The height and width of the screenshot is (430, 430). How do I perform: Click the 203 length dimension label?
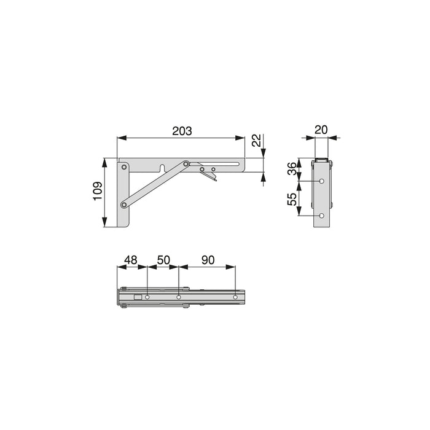click(x=182, y=131)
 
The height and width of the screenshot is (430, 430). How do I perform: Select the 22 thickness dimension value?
click(x=258, y=141)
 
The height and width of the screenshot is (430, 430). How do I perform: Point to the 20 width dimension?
click(x=321, y=129)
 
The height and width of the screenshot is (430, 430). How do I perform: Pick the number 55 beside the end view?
click(x=292, y=199)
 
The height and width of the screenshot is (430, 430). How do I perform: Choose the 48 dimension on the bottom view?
click(x=131, y=260)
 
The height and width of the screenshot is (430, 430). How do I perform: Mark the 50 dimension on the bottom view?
click(x=163, y=260)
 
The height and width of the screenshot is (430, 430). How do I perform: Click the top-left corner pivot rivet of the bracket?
click(x=124, y=166)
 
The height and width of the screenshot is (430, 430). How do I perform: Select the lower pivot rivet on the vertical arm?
click(x=124, y=203)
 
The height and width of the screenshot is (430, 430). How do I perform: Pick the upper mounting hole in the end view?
click(x=322, y=181)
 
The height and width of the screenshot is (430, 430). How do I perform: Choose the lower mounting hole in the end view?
click(x=322, y=216)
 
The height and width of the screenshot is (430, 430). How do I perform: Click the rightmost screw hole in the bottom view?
click(x=235, y=298)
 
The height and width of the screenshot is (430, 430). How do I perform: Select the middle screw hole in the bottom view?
click(x=179, y=298)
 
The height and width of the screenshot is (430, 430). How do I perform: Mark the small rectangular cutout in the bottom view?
click(x=138, y=298)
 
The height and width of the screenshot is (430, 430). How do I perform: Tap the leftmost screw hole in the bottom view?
click(x=147, y=298)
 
